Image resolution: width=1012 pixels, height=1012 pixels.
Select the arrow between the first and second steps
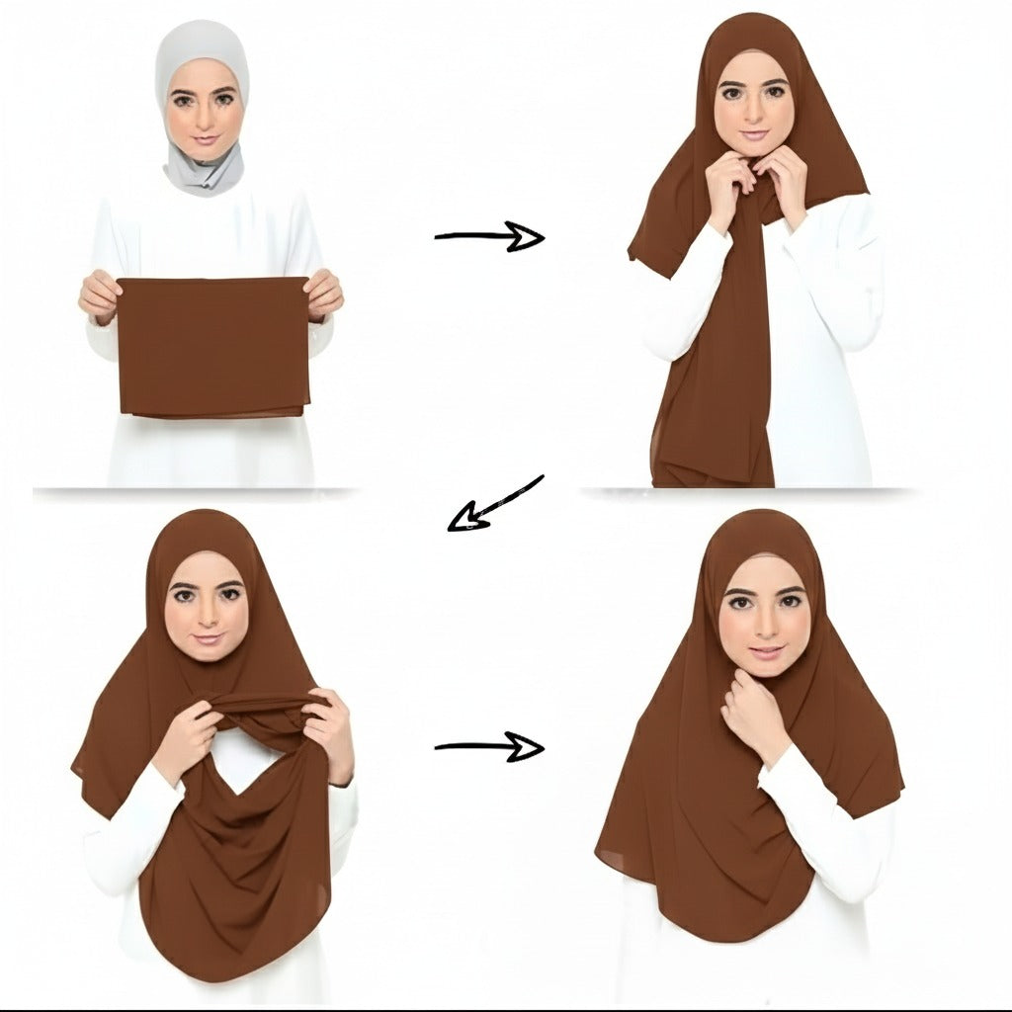(x=489, y=236)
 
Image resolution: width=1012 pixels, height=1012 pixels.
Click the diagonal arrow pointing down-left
(x=494, y=504)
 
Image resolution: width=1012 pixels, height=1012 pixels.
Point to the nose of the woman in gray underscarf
(x=204, y=121)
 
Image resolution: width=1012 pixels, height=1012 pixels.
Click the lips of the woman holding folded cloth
(x=204, y=140)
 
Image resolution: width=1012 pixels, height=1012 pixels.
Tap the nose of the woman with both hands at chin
(x=753, y=114)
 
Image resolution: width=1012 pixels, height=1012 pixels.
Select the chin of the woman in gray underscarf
(x=204, y=154)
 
